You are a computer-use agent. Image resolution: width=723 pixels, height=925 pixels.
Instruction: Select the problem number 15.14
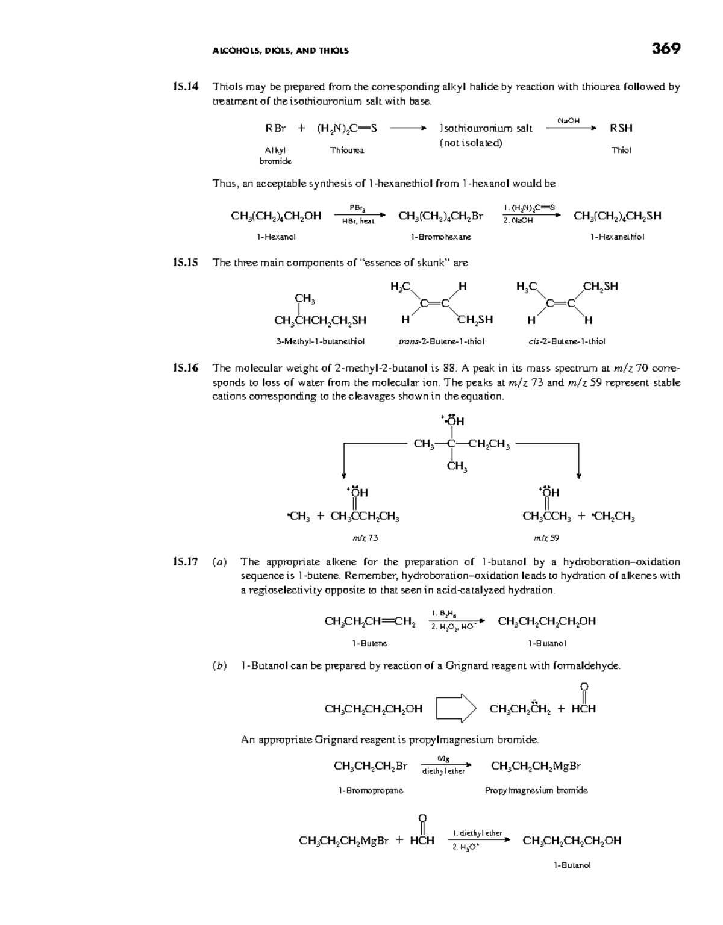[185, 86]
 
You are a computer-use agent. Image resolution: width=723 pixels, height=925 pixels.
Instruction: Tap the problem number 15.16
[185, 368]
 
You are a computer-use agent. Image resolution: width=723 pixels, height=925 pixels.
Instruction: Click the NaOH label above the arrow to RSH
[568, 120]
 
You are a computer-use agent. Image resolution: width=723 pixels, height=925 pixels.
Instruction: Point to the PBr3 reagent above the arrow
[357, 208]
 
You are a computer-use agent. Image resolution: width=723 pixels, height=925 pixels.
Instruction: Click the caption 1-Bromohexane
[441, 237]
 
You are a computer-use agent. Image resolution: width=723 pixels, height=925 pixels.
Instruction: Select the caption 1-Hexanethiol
[617, 237]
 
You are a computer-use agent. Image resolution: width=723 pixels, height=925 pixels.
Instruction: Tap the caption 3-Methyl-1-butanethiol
[321, 341]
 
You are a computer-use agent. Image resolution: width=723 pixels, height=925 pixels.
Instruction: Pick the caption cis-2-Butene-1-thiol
[566, 341]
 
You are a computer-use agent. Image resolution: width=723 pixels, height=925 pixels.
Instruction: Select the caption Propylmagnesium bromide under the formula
[536, 790]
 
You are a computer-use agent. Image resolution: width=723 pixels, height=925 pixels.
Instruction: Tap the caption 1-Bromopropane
[371, 790]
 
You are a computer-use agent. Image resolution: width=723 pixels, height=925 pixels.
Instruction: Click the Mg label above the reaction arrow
[443, 759]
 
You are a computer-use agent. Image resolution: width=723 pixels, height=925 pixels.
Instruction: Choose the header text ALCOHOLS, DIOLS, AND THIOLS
[281, 51]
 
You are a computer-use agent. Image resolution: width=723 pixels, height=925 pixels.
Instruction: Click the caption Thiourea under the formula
[347, 150]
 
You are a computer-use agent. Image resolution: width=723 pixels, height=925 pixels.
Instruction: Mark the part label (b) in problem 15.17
[220, 665]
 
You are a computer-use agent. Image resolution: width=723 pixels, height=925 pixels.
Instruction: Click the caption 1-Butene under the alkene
[369, 643]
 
